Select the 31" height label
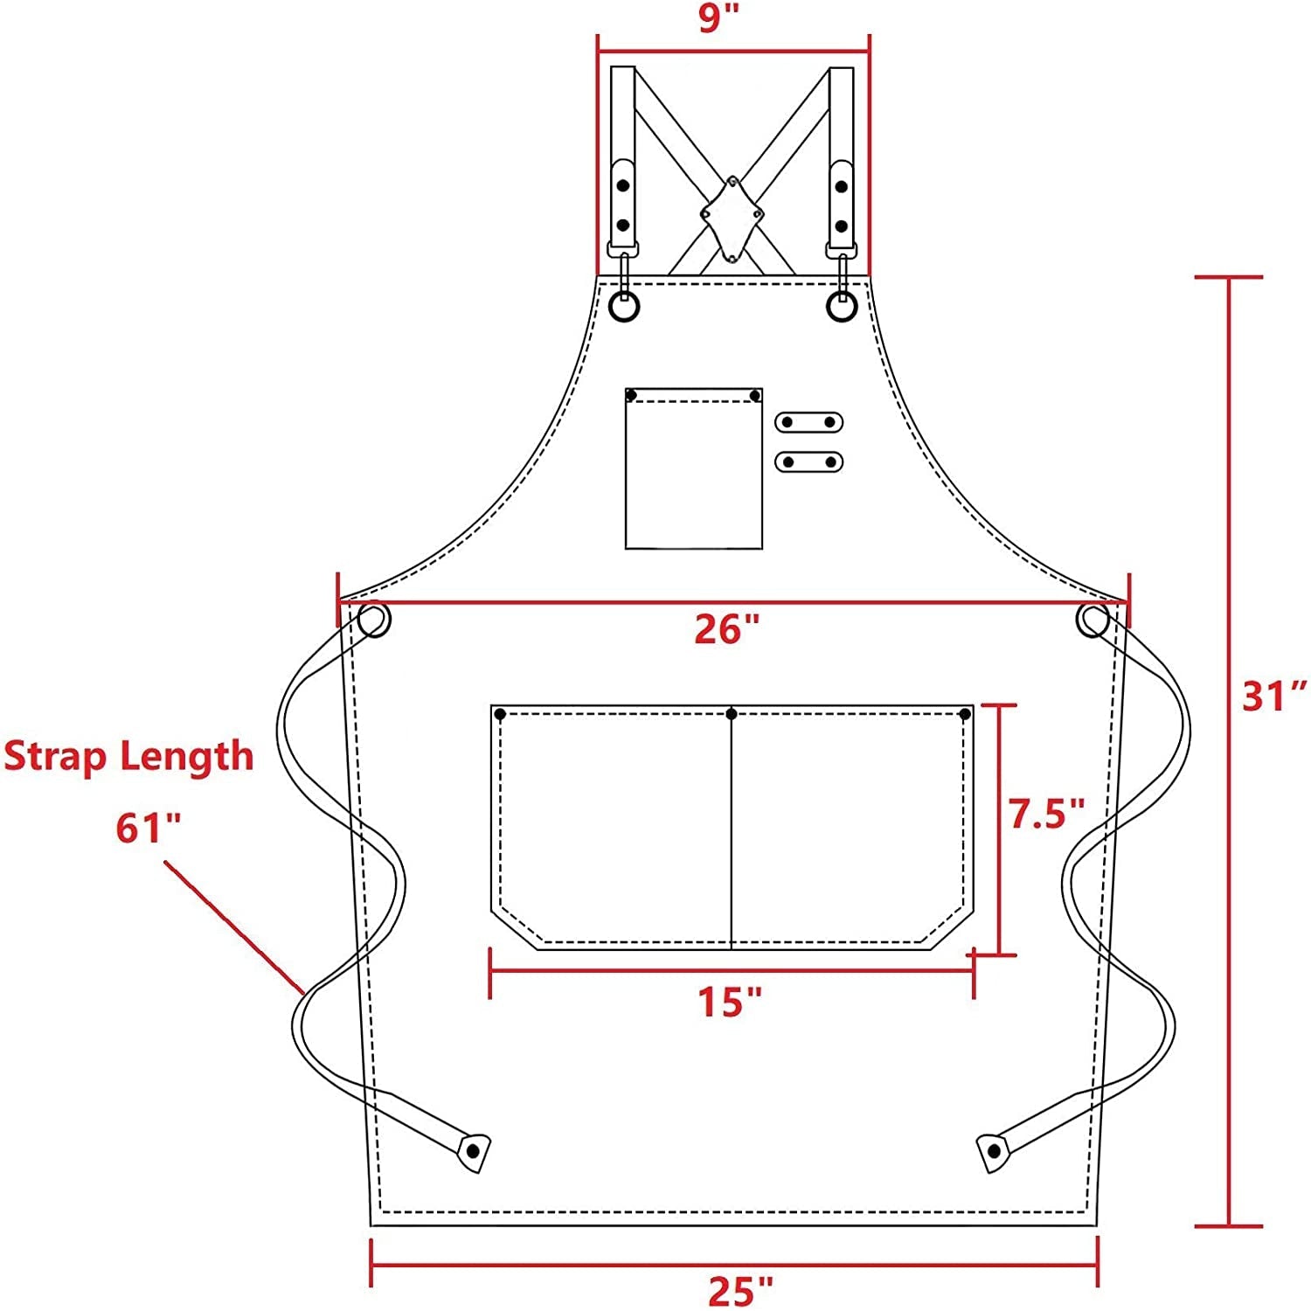(x=1273, y=697)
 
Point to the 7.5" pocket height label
(x=1046, y=813)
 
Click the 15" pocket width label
(x=730, y=1002)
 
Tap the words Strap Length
(x=128, y=755)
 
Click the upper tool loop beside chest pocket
(x=808, y=422)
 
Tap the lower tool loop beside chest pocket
(x=808, y=461)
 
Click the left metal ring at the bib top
(x=624, y=307)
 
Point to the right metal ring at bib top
(x=842, y=307)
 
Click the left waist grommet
(x=374, y=620)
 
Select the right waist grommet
(x=1092, y=619)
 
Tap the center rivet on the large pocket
(x=732, y=714)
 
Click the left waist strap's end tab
(x=473, y=1151)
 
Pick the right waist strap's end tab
(x=993, y=1152)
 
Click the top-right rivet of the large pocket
(x=965, y=714)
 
